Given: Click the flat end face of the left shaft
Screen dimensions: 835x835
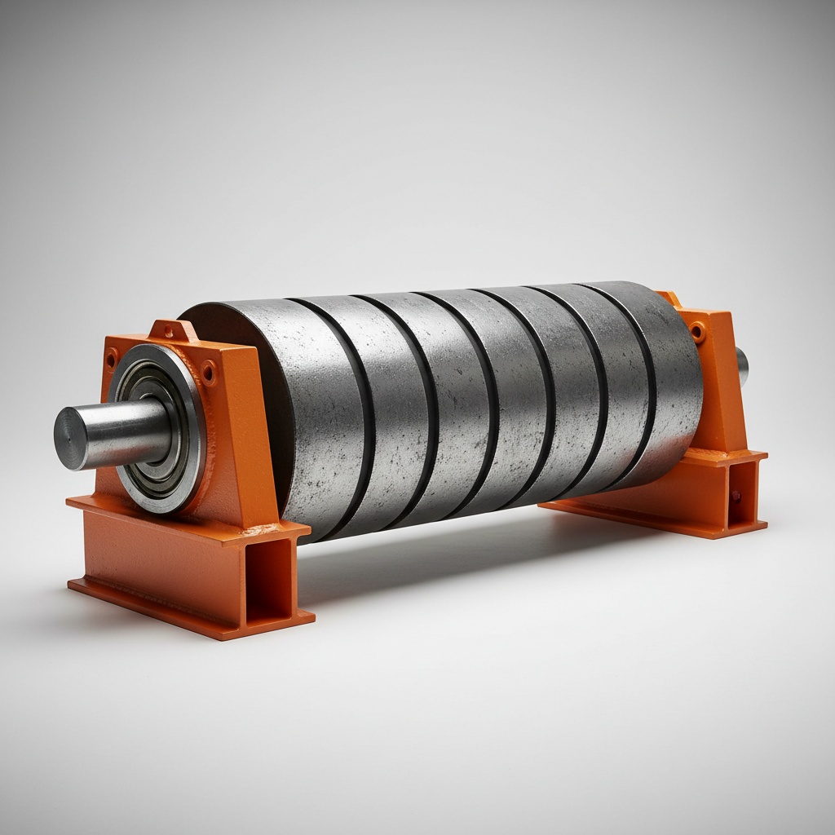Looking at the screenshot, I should coord(70,439).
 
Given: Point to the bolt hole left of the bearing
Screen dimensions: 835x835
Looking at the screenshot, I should coord(111,358).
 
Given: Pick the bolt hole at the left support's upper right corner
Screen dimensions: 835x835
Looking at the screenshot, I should coord(209,373).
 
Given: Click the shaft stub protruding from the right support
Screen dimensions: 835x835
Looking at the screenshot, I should coord(741,366).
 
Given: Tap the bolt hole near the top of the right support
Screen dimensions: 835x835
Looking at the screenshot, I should coord(697,330).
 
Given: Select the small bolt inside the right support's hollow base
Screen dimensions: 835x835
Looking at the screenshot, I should coord(736,496).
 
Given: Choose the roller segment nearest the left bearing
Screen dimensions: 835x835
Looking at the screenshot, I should coord(314,416).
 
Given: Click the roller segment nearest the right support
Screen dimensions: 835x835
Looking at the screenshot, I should coord(665,383).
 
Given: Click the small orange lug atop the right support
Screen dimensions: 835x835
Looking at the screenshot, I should coord(669,298).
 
